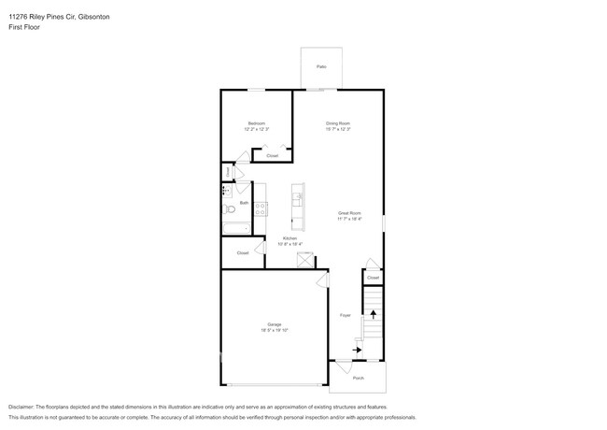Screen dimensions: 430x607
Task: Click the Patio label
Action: click(321, 67)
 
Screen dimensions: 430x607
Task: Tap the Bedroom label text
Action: click(257, 123)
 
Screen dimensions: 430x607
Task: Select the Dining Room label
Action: click(338, 123)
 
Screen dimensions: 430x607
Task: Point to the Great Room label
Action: click(349, 213)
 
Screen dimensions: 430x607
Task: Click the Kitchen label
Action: click(289, 238)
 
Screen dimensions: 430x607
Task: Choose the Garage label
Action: click(275, 324)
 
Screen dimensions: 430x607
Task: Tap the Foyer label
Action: click(344, 315)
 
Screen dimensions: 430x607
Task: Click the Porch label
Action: click(358, 378)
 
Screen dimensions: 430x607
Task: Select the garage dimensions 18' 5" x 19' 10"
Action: click(275, 330)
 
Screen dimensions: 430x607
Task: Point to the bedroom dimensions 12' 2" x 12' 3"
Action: click(257, 129)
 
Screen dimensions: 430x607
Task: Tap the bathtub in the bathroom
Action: click(234, 227)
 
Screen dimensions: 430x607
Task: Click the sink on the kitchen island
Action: click(299, 198)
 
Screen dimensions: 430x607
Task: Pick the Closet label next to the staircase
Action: click(373, 278)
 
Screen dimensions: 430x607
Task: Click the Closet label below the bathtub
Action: click(242, 252)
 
